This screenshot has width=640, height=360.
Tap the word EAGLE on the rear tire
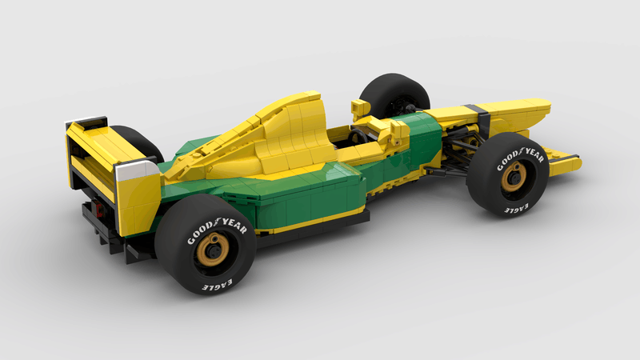click(x=218, y=285)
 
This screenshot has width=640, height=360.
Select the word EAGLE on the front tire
click(x=516, y=208)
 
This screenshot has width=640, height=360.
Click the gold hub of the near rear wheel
click(x=213, y=250)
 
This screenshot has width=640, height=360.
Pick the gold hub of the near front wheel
click(x=514, y=177)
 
